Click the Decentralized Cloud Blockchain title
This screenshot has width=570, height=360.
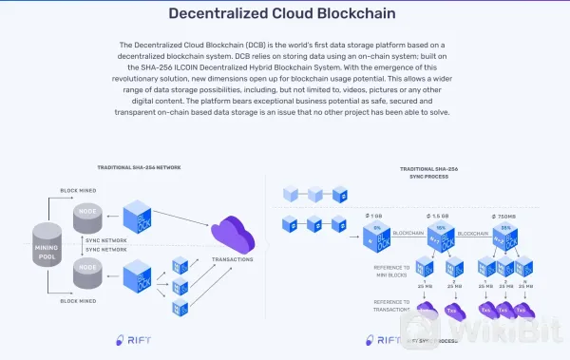(285, 13)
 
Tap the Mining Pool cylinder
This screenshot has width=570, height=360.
(46, 244)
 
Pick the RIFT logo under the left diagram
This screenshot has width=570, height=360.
(132, 339)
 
